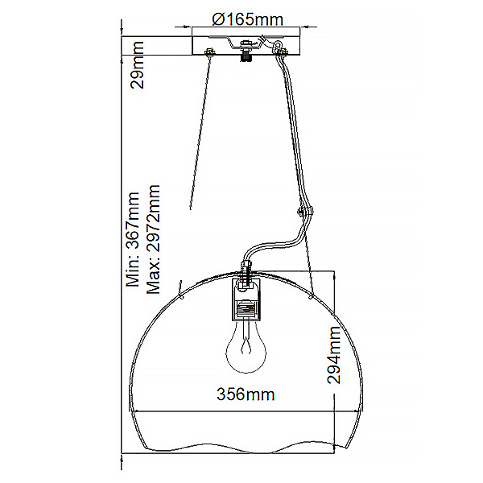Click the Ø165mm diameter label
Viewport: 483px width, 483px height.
coord(247,19)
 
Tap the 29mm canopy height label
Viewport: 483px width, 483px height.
coord(137,65)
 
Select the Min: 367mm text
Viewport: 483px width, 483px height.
coord(133,239)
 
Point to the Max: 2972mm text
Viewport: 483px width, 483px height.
coord(154,239)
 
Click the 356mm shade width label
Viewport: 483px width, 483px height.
coord(246,394)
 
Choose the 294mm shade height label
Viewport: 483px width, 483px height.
coord(334,355)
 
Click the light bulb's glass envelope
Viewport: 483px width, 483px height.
coord(246,348)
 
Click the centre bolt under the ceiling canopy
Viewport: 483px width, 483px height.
coord(246,52)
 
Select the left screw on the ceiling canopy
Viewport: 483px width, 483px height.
coord(210,52)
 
